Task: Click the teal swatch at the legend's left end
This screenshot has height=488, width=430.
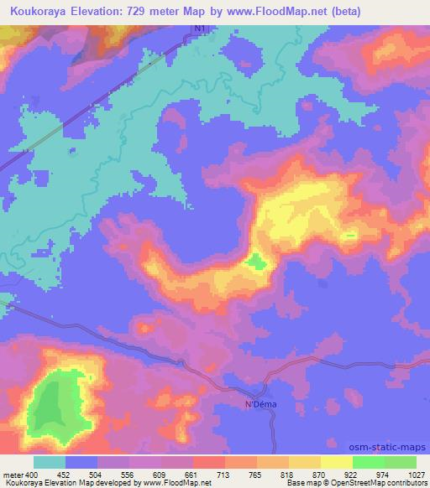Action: point(49,462)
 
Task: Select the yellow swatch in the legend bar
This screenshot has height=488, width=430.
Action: point(335,462)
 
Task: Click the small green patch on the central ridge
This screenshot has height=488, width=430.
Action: point(256,263)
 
